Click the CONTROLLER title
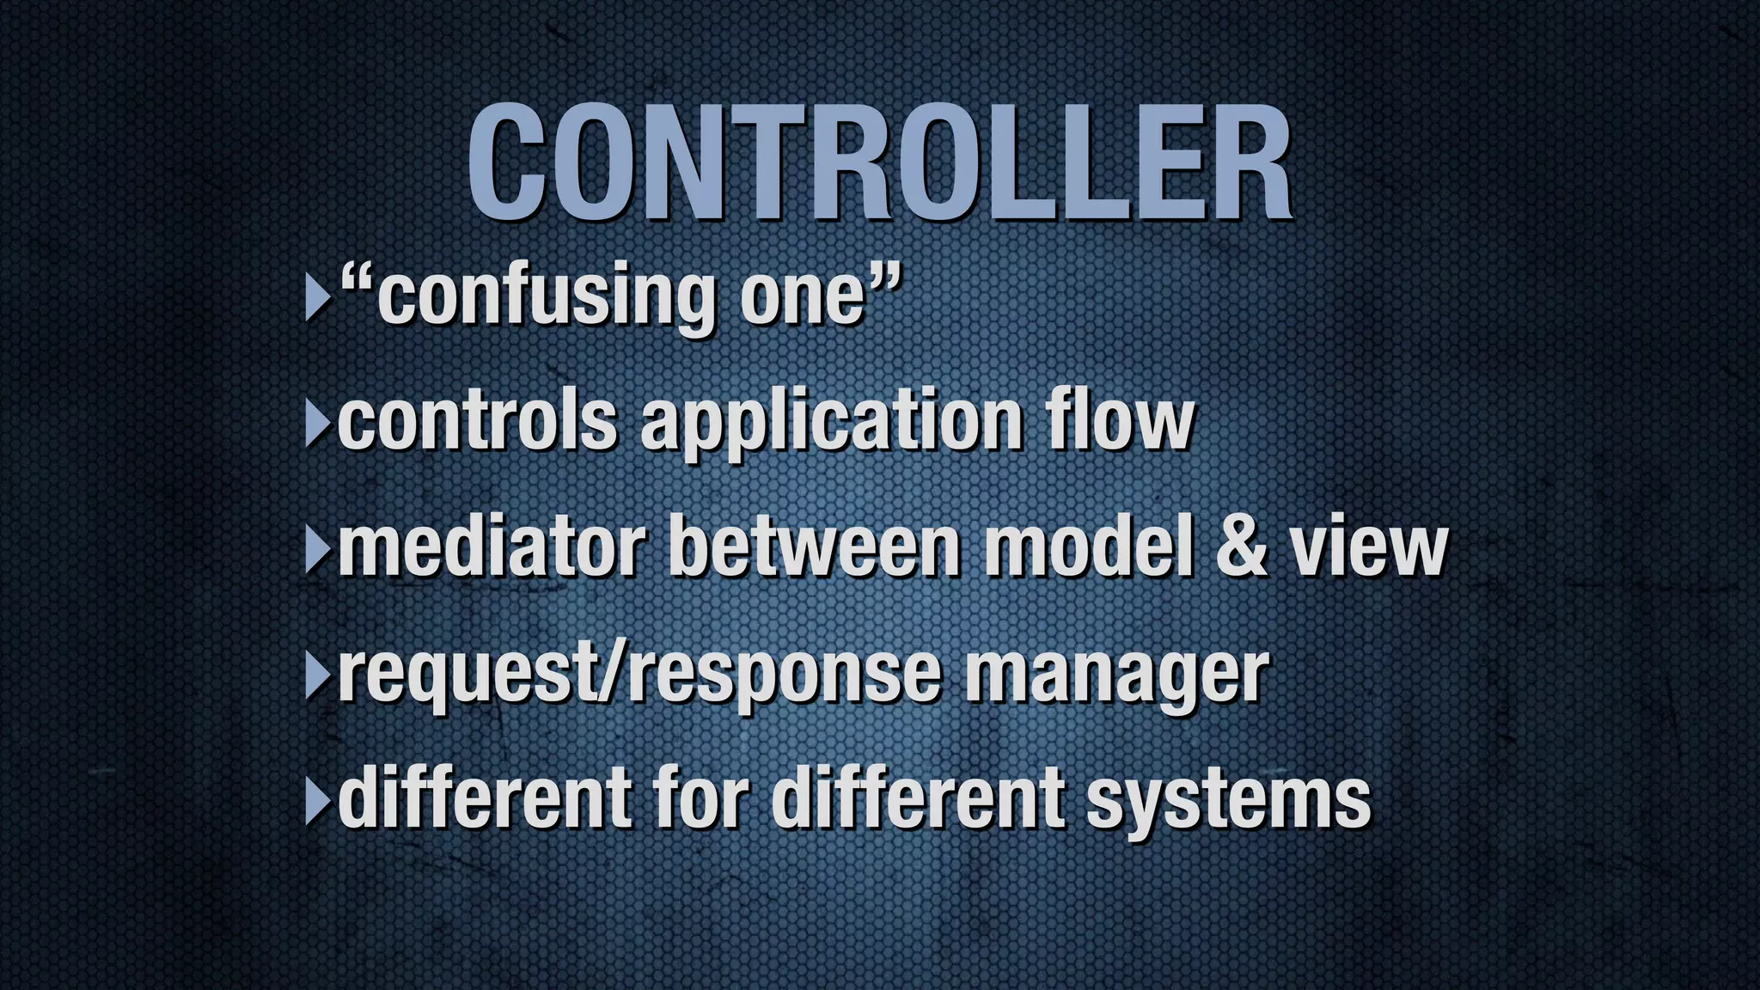tap(880, 163)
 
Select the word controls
tap(478, 421)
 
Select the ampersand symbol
tap(1241, 547)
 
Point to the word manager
tap(1116, 675)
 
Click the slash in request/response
tap(617, 674)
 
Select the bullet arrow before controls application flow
tap(317, 425)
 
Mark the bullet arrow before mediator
tap(317, 550)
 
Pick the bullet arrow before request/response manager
tap(317, 677)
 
